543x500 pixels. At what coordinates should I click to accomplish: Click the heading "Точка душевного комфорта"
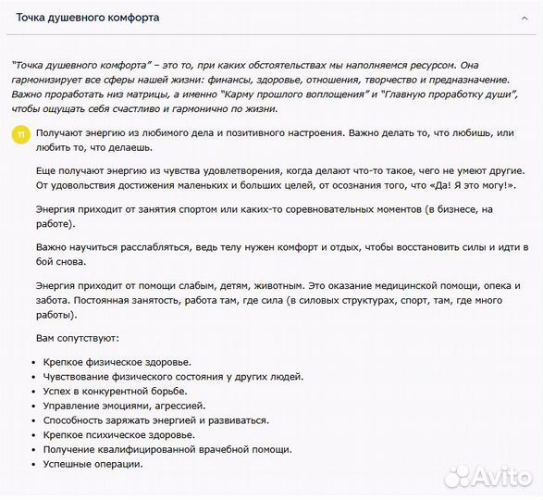coord(87,18)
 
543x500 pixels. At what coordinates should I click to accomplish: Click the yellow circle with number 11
coord(20,134)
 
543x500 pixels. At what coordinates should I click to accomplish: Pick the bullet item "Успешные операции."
coord(93,464)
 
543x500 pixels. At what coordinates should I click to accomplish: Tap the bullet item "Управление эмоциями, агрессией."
coord(125,406)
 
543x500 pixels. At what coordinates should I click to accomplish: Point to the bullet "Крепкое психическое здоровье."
coord(119,434)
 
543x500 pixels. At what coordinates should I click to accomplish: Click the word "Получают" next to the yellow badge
coord(61,132)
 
